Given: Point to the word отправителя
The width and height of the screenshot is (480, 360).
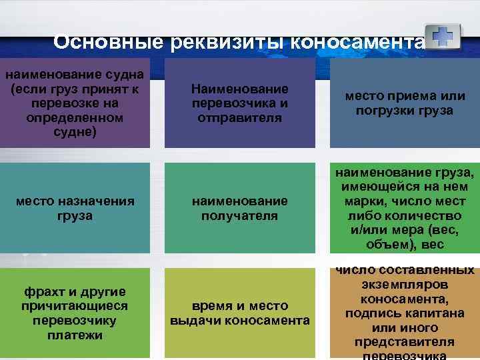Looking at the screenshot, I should tap(239, 117).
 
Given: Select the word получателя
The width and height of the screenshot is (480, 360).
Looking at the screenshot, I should tap(239, 215).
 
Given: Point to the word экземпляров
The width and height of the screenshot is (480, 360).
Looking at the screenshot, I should tap(405, 284).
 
